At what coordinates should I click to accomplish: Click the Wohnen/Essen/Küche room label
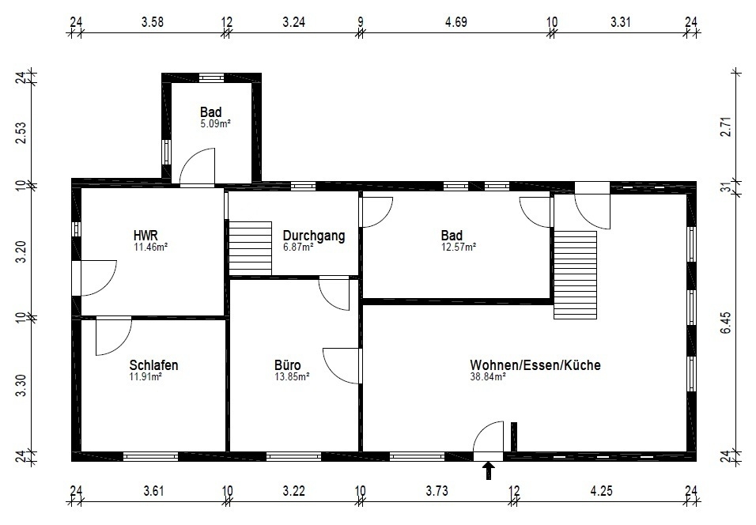click(535, 365)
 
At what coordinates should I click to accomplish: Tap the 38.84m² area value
click(487, 377)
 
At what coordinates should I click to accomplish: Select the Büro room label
click(287, 365)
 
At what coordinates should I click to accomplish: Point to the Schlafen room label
click(153, 365)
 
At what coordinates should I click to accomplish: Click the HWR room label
click(146, 235)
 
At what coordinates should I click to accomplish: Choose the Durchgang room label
click(314, 236)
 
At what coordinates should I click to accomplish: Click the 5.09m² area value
click(215, 123)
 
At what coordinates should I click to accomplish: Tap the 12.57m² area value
click(459, 247)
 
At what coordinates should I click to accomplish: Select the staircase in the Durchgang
click(250, 247)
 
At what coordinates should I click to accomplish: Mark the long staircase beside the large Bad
click(575, 274)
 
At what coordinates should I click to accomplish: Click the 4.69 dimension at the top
click(456, 21)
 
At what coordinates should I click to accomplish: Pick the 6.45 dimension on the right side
click(727, 321)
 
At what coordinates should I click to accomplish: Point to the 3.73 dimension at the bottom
click(437, 491)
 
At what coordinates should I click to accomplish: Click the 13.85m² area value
click(292, 377)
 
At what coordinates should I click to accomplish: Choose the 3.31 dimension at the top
click(621, 21)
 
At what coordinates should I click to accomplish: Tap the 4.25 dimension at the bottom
click(603, 491)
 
